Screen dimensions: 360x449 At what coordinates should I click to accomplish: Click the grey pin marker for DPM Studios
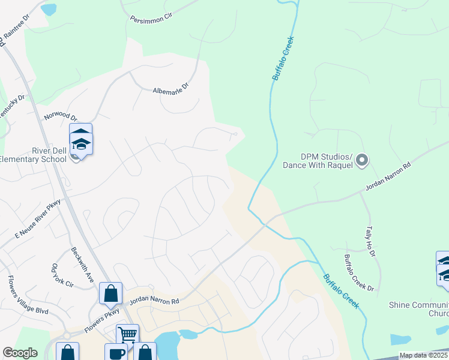pyautogui.click(x=361, y=160)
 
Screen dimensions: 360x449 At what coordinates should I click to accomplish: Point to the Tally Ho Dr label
pyautogui.click(x=370, y=242)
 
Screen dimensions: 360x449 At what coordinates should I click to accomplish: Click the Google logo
pyautogui.click(x=20, y=353)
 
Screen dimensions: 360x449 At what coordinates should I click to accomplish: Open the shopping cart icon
pyautogui.click(x=127, y=334)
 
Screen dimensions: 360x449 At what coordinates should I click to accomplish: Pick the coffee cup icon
pyautogui.click(x=116, y=353)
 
